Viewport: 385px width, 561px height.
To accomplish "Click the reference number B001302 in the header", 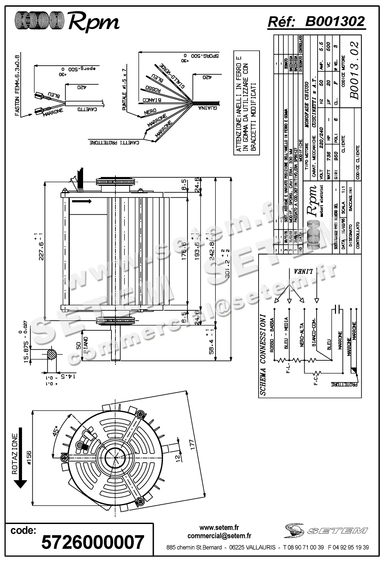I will (335, 22).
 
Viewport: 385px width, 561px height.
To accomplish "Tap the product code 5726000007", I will (92, 542).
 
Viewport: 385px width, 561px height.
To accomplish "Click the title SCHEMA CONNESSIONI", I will (263, 354).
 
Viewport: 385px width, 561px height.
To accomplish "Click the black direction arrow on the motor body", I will (81, 201).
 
